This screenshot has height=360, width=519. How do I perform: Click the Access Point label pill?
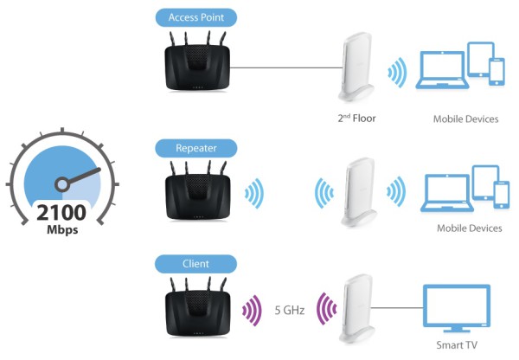(196, 17)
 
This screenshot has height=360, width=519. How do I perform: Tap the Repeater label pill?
(196, 148)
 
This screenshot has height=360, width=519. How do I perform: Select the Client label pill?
(196, 264)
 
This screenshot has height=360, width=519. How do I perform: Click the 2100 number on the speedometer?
(61, 212)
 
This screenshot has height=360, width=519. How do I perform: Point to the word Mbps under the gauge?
(62, 229)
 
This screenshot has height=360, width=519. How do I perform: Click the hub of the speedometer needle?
(62, 185)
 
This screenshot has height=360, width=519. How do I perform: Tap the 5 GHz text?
(290, 311)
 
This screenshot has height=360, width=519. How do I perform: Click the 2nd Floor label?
(356, 119)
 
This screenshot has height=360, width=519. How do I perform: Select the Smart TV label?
(457, 345)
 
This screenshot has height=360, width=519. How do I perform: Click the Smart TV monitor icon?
(457, 308)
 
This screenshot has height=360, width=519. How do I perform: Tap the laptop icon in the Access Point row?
(442, 70)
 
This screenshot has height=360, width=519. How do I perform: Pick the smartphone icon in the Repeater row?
(502, 195)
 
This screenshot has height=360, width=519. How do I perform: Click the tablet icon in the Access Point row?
(481, 60)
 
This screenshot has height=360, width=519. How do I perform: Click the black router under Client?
(197, 308)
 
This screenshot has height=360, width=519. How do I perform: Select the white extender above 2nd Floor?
(356, 67)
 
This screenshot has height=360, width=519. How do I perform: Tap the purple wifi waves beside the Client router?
(253, 311)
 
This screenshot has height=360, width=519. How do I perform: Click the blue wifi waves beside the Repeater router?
(254, 194)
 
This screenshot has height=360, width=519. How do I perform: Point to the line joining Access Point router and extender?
(286, 67)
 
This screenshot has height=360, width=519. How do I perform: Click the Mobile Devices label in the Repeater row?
(470, 228)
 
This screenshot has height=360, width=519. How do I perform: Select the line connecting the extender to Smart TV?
(397, 308)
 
